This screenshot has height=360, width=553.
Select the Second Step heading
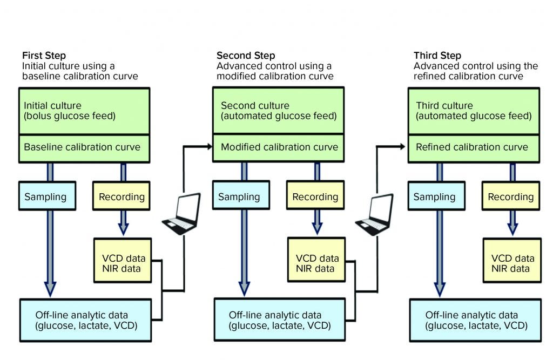246,56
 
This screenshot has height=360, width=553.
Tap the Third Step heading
437,56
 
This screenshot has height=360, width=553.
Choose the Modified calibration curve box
279,147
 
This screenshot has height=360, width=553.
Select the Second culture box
279,111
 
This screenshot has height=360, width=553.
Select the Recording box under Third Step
510,197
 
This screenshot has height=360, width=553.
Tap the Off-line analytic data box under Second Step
279,320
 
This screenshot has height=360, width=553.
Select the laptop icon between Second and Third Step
374,214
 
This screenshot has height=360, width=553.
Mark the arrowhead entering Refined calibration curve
402,146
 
